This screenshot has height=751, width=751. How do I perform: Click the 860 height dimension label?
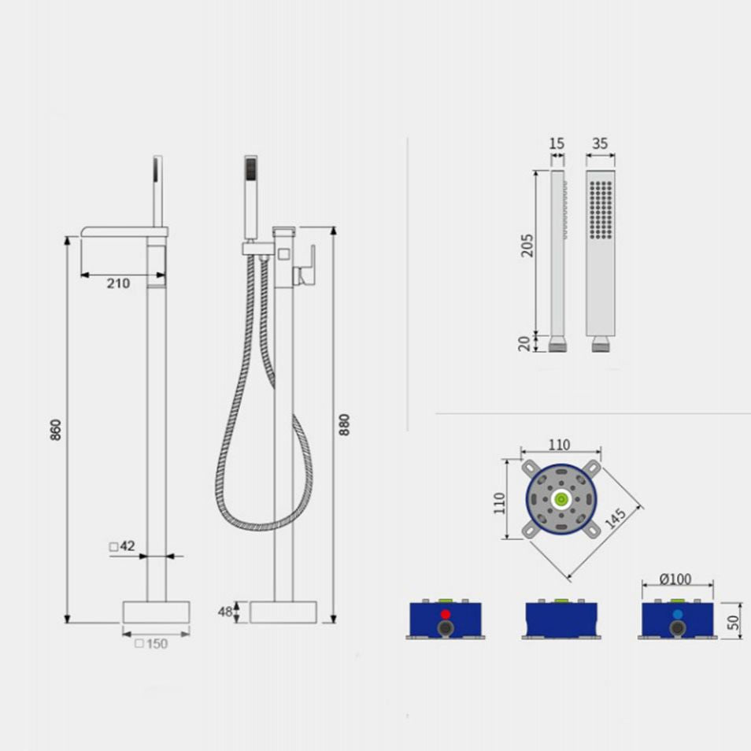point(55,429)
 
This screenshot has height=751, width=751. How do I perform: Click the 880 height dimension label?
point(343,424)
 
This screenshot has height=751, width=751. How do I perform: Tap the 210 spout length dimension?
point(118,284)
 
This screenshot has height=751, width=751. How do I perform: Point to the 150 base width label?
point(151,643)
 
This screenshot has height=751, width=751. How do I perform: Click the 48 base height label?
point(226,612)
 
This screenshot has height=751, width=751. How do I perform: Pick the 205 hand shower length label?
point(527,245)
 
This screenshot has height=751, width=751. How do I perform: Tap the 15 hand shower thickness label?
point(557,143)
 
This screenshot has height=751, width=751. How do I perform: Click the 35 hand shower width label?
point(600,143)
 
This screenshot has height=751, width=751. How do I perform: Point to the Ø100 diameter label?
point(675,579)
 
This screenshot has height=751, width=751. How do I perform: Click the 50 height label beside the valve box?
point(734,622)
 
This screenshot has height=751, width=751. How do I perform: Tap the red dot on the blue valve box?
point(445,614)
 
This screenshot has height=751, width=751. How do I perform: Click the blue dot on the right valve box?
point(677,614)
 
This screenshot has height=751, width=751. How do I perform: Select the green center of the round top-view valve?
point(560,499)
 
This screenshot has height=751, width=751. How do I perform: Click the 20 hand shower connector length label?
point(526,342)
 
